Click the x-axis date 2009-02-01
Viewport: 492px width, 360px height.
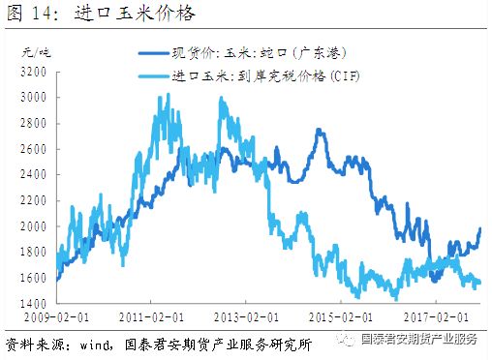pyautogui.click(x=50, y=317)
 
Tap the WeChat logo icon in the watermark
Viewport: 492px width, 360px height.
pyautogui.click(x=346, y=340)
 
